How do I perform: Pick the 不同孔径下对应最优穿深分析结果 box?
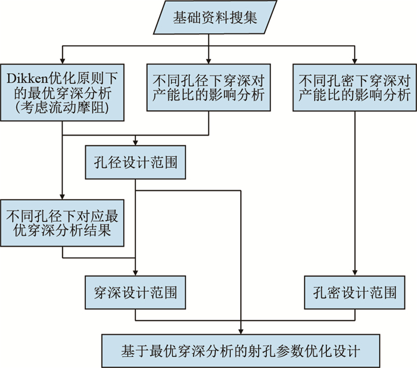[62, 222]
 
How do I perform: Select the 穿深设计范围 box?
[136, 292]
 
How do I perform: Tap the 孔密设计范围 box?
[354, 292]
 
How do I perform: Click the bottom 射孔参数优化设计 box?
[241, 350]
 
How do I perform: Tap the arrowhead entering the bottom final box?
[241, 331]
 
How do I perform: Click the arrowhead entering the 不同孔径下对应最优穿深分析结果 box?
[62, 195]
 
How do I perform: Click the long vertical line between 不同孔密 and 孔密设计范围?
[354, 190]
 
